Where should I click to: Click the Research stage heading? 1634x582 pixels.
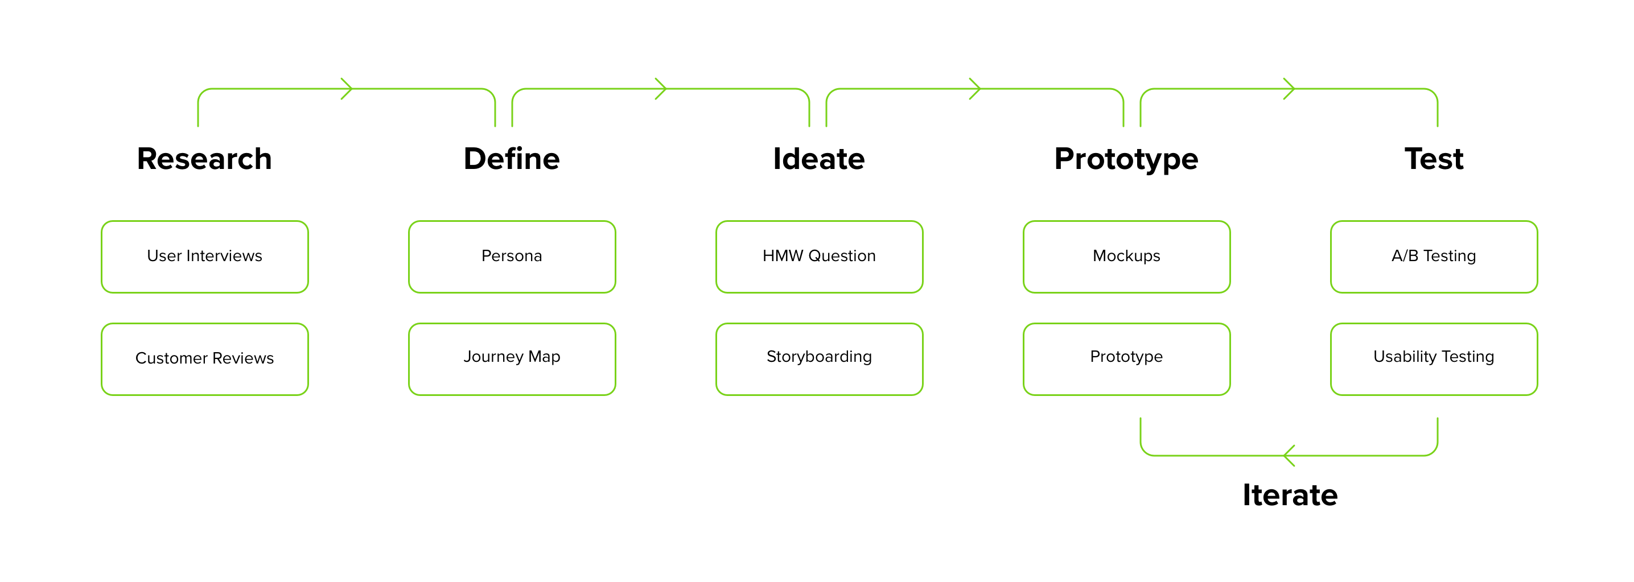click(204, 159)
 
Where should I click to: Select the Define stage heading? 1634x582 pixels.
click(511, 159)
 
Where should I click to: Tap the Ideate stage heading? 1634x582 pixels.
click(818, 159)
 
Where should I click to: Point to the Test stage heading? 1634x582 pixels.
click(1434, 159)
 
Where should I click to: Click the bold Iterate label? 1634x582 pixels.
click(1290, 494)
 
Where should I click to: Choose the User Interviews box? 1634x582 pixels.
click(205, 257)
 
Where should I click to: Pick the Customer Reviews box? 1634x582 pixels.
click(205, 359)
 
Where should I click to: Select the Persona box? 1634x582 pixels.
click(512, 257)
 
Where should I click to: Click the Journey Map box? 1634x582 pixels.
click(512, 359)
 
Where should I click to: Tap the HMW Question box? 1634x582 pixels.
click(819, 257)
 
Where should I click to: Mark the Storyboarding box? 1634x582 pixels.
click(819, 359)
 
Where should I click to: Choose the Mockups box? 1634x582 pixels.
click(1126, 257)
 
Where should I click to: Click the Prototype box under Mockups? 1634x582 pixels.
click(1126, 359)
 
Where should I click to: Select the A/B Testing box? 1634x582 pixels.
click(1434, 257)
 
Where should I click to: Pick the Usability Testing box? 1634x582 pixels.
click(1434, 359)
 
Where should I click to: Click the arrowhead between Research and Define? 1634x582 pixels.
click(348, 89)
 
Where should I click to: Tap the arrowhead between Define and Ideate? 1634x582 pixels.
click(661, 89)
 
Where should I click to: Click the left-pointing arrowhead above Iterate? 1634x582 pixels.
click(1289, 455)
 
